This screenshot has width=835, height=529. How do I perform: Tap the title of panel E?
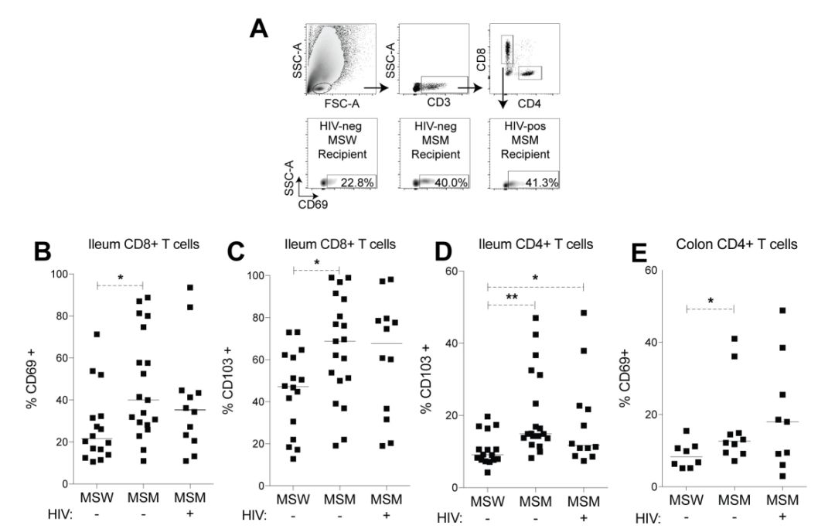[x=728, y=245]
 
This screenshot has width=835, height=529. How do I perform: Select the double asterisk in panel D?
[x=511, y=296]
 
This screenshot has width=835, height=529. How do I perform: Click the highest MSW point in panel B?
[x=97, y=334]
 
